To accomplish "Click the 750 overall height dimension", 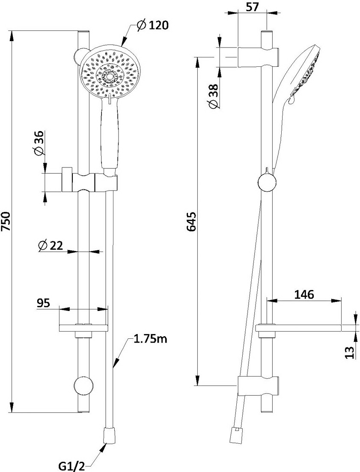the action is [x=6, y=222].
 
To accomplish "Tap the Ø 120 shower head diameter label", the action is [x=152, y=25].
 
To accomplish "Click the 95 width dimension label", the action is [x=43, y=303].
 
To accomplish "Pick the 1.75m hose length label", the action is [x=149, y=340].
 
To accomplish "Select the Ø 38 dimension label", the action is [x=213, y=96].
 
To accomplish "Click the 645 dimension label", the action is [x=191, y=222].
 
